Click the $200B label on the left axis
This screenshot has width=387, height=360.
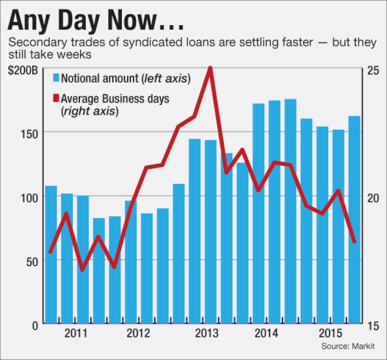point(22,70)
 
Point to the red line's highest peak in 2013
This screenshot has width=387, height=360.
point(210,68)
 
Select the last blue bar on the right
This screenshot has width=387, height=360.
point(354,220)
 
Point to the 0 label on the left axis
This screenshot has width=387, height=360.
point(36,325)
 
